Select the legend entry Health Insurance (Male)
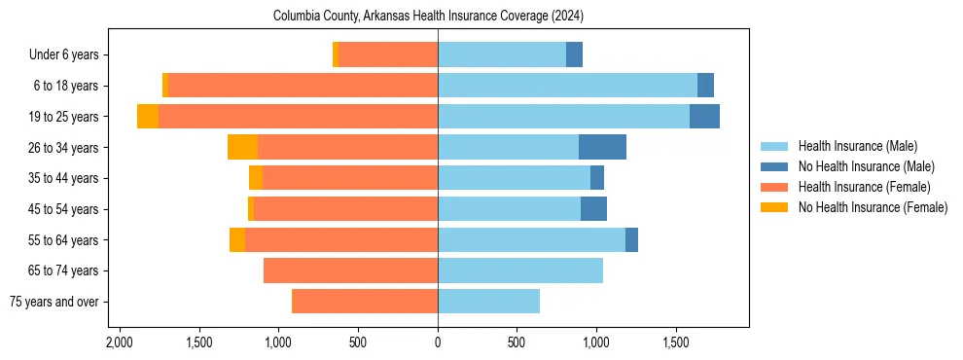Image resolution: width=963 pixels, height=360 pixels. pyautogui.click(x=856, y=146)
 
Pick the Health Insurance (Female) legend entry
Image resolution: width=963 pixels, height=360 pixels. pyautogui.click(x=864, y=187)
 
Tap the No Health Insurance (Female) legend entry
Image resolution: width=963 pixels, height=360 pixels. pyautogui.click(x=872, y=207)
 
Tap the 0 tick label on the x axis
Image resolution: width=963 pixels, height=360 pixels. pyautogui.click(x=438, y=342)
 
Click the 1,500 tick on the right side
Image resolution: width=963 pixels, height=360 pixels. pyautogui.click(x=676, y=342)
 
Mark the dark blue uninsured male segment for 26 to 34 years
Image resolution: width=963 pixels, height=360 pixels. pyautogui.click(x=602, y=147)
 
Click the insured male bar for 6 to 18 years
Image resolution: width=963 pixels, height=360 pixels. pyautogui.click(x=567, y=86)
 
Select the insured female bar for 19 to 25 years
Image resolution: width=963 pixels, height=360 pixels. pyautogui.click(x=298, y=116)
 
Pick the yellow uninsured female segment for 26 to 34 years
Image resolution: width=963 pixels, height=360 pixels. pyautogui.click(x=242, y=147)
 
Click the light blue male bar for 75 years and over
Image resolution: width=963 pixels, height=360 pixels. pyautogui.click(x=488, y=302)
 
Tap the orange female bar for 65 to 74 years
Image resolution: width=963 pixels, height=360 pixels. pyautogui.click(x=350, y=270)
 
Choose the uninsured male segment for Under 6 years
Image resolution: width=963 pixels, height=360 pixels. pyautogui.click(x=574, y=54)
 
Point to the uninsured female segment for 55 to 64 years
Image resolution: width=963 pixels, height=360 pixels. pyautogui.click(x=236, y=239)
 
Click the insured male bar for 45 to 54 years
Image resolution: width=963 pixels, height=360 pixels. pyautogui.click(x=509, y=209)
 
